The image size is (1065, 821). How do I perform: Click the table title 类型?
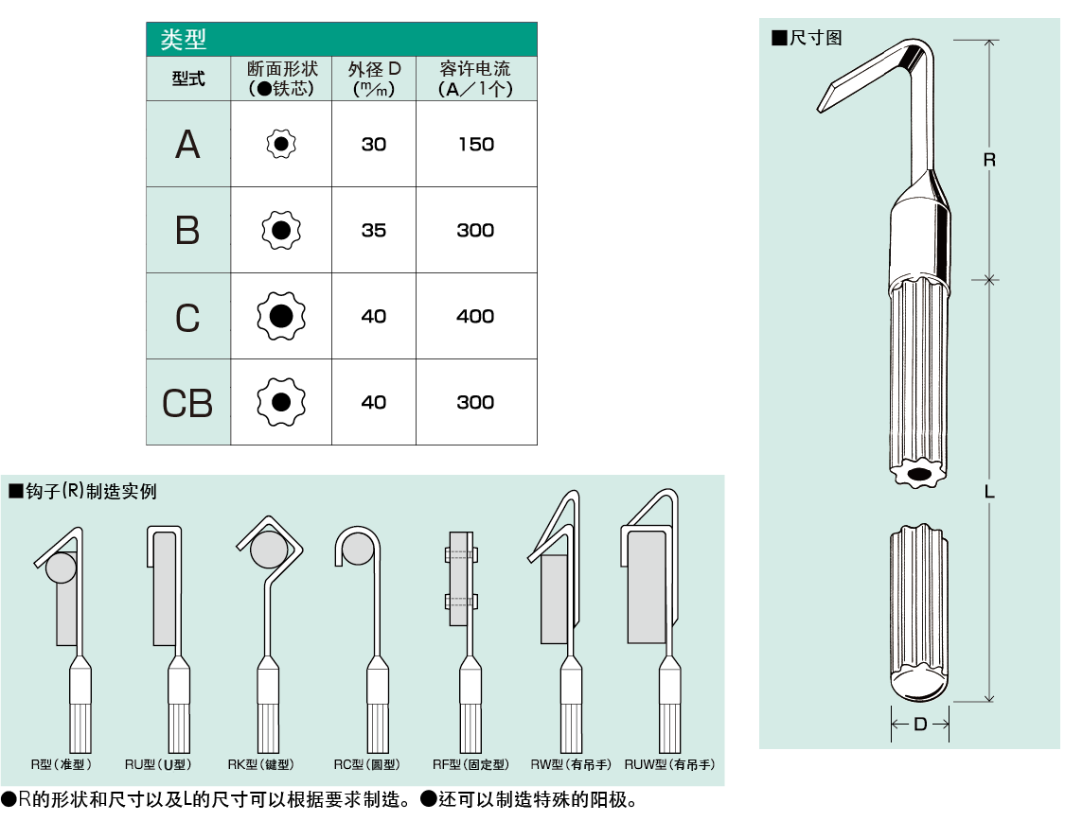pos(184,40)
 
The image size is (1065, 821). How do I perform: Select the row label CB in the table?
pos(187,403)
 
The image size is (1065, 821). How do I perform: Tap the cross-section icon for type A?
pos(281,144)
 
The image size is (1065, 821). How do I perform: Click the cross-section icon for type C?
pos(281,317)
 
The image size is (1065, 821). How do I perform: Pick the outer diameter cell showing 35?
pos(374,231)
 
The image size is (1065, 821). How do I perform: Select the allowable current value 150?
pos(475,145)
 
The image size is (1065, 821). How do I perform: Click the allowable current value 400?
pos(475,317)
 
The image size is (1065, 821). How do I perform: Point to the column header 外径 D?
pos(374,70)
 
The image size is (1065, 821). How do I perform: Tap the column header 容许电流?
pos(475,69)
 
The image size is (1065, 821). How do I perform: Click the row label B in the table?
pos(187,231)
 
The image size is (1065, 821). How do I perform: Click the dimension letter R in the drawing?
pos(989,160)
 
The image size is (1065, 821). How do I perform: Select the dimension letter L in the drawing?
pos(989,492)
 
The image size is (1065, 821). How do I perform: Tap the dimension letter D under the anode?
pos(920,725)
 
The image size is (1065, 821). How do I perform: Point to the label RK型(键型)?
pos(260,764)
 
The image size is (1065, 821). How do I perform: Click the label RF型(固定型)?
pos(470,764)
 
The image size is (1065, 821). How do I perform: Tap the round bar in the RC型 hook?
pos(357,548)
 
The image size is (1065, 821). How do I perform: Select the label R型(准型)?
pos(59,764)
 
